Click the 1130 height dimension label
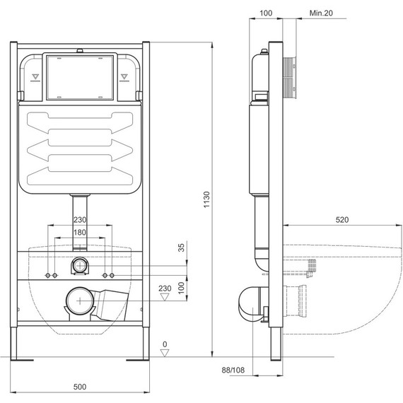tap(206, 204)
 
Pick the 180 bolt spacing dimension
tap(81, 233)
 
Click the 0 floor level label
tap(165, 344)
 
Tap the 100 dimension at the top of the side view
tap(266, 13)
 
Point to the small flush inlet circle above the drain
tap(81, 267)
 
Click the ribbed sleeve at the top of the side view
tap(290, 73)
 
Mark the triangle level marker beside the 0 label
tap(165, 354)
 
